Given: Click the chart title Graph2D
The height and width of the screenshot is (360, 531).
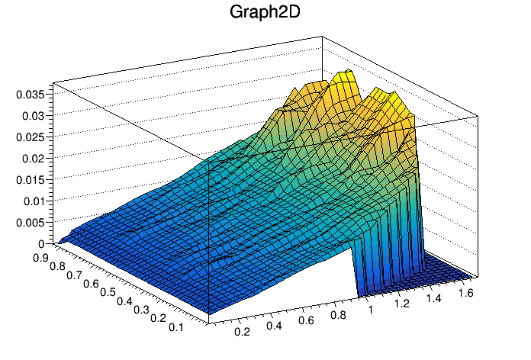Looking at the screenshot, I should coord(265,14).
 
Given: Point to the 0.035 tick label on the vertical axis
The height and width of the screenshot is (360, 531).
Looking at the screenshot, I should coord(31,95).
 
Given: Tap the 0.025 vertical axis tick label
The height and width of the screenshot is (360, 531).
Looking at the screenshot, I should coord(31,137).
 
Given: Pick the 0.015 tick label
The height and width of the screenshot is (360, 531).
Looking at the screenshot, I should coord(31,180).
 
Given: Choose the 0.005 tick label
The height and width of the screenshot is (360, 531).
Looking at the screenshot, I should coord(31,223).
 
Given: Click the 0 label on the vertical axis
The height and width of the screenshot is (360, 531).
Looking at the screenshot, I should coord(43,243).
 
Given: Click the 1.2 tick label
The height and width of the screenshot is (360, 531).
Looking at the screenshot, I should coord(403,305).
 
